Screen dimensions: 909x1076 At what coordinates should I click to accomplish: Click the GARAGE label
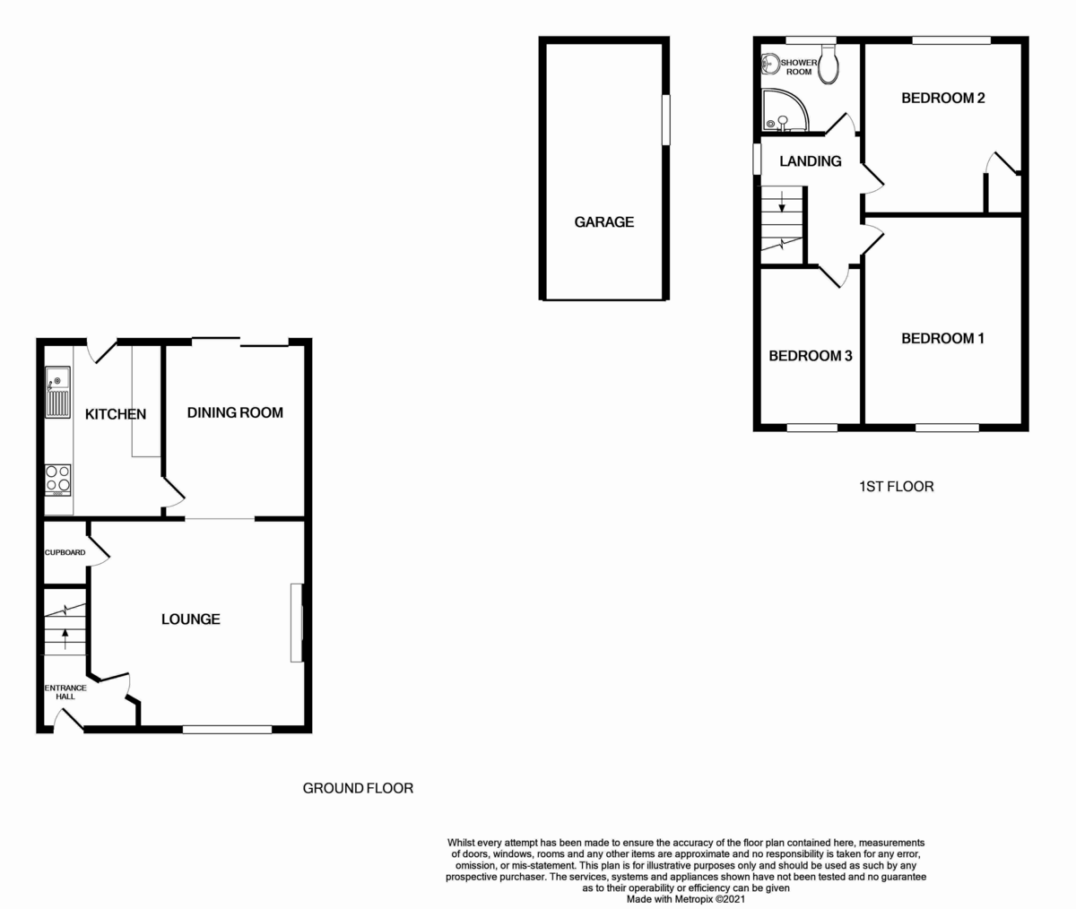pos(603,221)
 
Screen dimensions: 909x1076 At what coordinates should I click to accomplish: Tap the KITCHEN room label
pos(115,414)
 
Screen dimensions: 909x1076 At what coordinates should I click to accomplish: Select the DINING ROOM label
pos(235,412)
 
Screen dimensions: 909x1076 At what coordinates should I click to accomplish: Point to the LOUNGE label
pos(190,619)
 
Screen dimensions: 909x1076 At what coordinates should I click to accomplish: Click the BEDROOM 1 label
pos(942,338)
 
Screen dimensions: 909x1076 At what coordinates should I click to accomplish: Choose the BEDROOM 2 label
pos(942,98)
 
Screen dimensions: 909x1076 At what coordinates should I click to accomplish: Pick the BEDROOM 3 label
pos(810,356)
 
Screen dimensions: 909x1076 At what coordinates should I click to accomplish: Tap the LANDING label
pos(810,161)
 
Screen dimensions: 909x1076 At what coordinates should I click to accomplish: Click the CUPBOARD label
pos(65,552)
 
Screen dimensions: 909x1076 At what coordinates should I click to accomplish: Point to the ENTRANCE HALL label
pos(65,692)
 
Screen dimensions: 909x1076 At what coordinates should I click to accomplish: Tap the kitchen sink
pos(58,393)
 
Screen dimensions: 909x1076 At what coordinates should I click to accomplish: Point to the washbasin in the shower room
pos(769,63)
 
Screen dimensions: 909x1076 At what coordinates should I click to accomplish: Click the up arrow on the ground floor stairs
pos(65,638)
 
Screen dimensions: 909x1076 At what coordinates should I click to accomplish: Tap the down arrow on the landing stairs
pos(782,201)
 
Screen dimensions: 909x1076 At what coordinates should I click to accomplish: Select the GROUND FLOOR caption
pos(358,789)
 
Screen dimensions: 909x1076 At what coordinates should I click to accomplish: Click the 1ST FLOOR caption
pos(896,487)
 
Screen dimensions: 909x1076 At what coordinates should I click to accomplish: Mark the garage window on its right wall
pos(665,119)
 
